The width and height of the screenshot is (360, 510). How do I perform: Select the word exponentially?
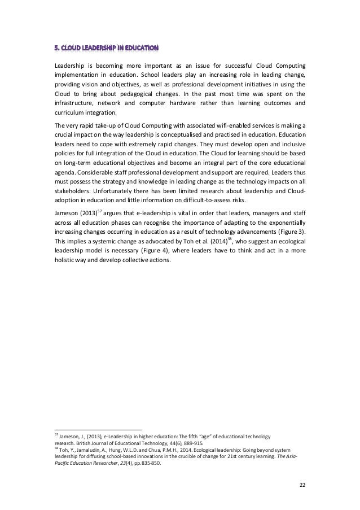pos(284,225)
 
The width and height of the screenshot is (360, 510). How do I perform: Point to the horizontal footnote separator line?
pos(98,429)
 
